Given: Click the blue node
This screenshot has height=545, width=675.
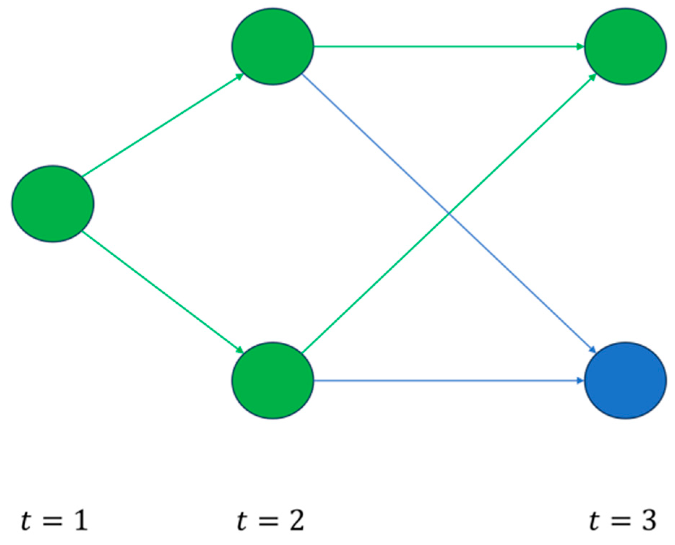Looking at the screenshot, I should (x=625, y=380).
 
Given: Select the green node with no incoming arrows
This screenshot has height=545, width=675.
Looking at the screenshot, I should (x=53, y=204).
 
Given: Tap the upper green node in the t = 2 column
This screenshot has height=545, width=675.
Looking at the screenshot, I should (x=273, y=47).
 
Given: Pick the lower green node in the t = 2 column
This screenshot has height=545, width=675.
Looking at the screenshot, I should (x=273, y=380).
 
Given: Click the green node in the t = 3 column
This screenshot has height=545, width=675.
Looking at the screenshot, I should (x=625, y=47).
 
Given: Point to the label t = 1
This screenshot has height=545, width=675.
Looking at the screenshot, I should (x=54, y=520).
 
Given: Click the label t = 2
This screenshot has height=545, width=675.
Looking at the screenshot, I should (x=271, y=520).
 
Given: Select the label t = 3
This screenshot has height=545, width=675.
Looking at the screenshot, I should (x=623, y=520).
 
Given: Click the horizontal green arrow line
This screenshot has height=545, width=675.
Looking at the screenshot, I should (x=448, y=46).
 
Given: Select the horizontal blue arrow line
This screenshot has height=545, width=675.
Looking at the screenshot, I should (x=448, y=380).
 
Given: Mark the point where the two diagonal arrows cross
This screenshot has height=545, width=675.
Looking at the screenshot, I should (x=449, y=214).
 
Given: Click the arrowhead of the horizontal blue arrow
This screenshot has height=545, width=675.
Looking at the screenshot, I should (x=580, y=380).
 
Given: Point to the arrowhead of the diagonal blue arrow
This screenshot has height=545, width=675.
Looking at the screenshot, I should (x=592, y=350).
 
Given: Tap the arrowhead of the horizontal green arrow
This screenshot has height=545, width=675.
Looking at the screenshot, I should (x=580, y=46).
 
